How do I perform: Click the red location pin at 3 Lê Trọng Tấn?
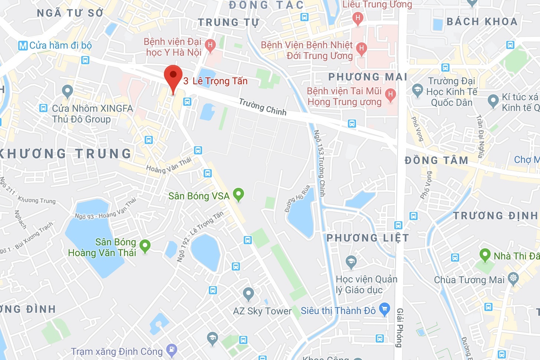[173, 76]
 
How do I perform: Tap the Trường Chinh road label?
[263, 107]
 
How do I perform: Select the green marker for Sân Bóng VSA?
[238, 194]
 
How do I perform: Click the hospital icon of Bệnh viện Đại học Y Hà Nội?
[210, 46]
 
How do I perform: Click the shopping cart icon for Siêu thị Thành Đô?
[385, 309]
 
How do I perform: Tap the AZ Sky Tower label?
[262, 311]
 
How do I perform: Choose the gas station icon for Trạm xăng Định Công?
[172, 349]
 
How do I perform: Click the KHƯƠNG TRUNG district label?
[65, 154]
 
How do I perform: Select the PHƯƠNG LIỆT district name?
[368, 238]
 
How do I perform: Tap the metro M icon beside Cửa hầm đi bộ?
[23, 46]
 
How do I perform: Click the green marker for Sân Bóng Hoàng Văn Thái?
[145, 245]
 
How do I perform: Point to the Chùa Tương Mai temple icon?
[513, 278]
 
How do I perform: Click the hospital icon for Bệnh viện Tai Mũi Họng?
[390, 94]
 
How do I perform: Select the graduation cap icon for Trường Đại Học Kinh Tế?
[418, 90]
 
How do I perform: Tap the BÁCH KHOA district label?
[482, 22]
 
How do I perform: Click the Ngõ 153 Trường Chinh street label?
[320, 163]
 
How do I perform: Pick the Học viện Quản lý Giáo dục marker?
[351, 262]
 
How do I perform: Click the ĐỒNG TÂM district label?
[436, 160]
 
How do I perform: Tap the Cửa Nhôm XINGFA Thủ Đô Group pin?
[67, 91]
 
